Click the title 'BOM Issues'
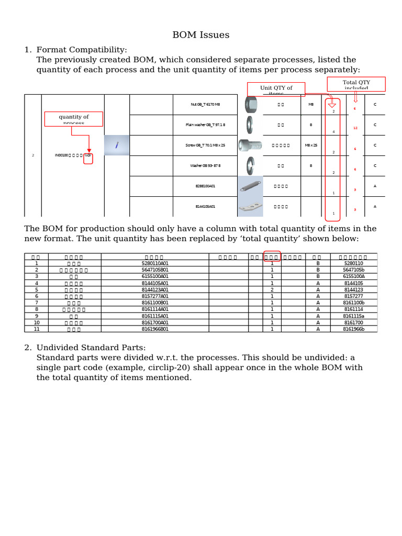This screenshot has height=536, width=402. pyautogui.click(x=201, y=35)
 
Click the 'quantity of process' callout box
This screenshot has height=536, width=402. pyautogui.click(x=74, y=119)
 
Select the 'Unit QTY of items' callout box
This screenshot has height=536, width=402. pyautogui.click(x=276, y=90)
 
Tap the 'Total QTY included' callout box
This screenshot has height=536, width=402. pyautogui.click(x=356, y=84)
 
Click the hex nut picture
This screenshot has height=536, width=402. pyautogui.click(x=250, y=105)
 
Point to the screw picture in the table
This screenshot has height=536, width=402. pyautogui.click(x=250, y=146)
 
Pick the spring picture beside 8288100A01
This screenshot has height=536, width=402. pyautogui.click(x=250, y=186)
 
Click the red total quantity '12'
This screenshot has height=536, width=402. pyautogui.click(x=355, y=128)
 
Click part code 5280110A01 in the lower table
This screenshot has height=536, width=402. pyautogui.click(x=155, y=263)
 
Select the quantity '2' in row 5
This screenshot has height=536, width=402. pyautogui.click(x=272, y=289)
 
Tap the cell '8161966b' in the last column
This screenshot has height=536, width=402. pyautogui.click(x=353, y=329)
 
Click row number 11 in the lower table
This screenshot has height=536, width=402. pyautogui.click(x=37, y=329)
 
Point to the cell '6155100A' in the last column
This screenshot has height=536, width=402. pyautogui.click(x=353, y=276)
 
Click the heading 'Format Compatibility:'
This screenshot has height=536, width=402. pyautogui.click(x=82, y=50)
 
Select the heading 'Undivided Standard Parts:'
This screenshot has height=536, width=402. pyautogui.click(x=91, y=348)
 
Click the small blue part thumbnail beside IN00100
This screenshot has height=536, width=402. pyautogui.click(x=117, y=145)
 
